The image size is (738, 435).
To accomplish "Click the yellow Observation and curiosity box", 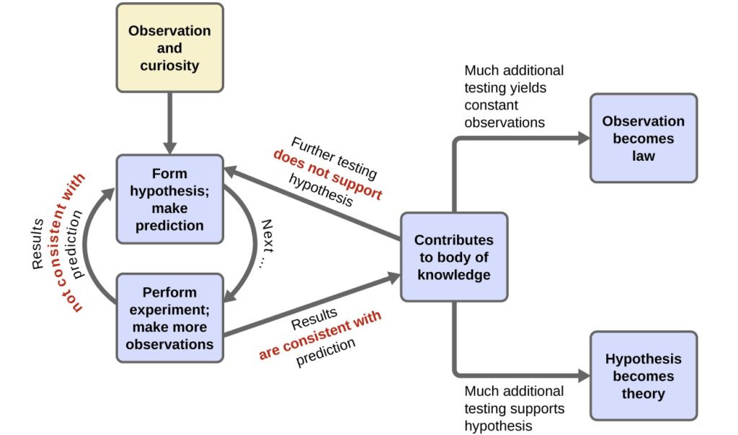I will pos(169,48).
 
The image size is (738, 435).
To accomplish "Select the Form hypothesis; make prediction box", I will pos(169,199).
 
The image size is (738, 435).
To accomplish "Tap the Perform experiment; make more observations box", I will pos(169,318).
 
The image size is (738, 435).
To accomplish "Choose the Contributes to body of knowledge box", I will pos(453,257).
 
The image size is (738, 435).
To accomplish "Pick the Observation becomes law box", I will pos(643,138).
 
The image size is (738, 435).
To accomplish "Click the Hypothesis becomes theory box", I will pos(643,376).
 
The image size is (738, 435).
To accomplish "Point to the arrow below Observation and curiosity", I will pos(169,123).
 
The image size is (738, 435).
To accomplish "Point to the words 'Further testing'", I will pos(334,154).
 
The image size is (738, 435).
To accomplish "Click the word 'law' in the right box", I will pos(643,155).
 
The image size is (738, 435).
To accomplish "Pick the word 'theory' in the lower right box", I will pos(643,394).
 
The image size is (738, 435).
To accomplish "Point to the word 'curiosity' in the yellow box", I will pos(169,66).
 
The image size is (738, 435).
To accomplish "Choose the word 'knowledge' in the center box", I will pos(453,275).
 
